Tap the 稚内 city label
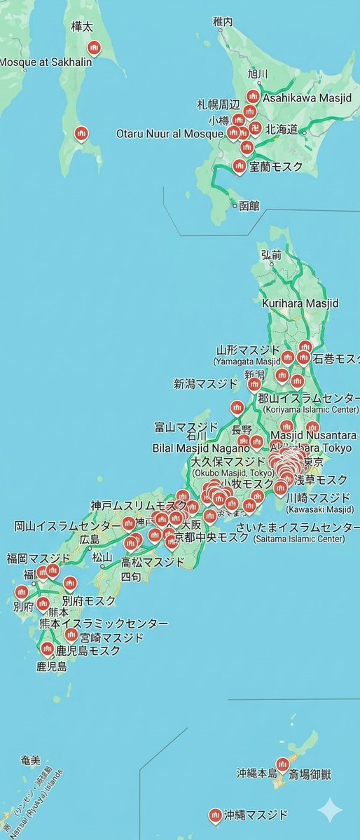click(223, 22)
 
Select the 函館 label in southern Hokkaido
click(249, 206)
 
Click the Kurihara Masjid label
click(300, 303)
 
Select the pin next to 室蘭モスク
click(239, 166)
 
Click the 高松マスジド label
click(153, 562)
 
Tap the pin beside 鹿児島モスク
click(48, 649)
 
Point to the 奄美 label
click(31, 760)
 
